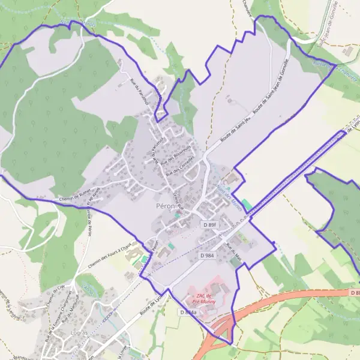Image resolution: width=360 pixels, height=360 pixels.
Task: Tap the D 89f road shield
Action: point(209,224)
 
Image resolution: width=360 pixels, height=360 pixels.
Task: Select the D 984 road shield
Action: point(207,256)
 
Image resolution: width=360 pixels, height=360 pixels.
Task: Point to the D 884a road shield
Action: point(187,313)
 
